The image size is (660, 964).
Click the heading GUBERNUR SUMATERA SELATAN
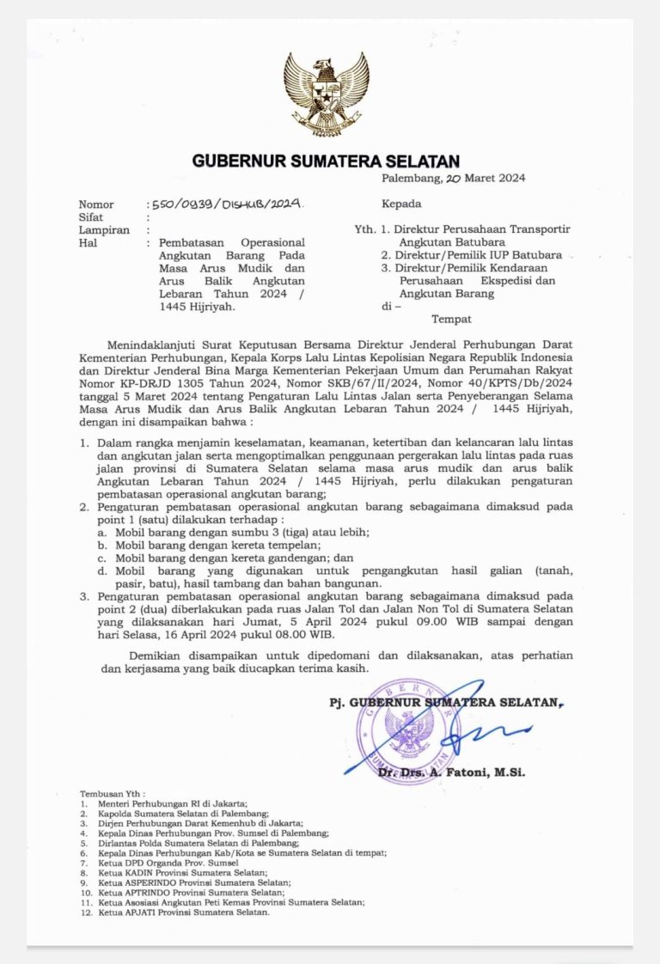tap(326, 161)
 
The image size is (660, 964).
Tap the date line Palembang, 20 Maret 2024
tap(454, 179)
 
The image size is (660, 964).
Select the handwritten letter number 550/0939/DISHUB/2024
tap(226, 204)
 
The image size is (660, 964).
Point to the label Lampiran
tap(104, 230)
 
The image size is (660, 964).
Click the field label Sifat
tap(91, 217)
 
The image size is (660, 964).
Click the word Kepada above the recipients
tap(401, 204)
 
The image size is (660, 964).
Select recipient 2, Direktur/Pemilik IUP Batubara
tap(472, 255)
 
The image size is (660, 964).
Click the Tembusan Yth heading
tap(113, 794)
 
